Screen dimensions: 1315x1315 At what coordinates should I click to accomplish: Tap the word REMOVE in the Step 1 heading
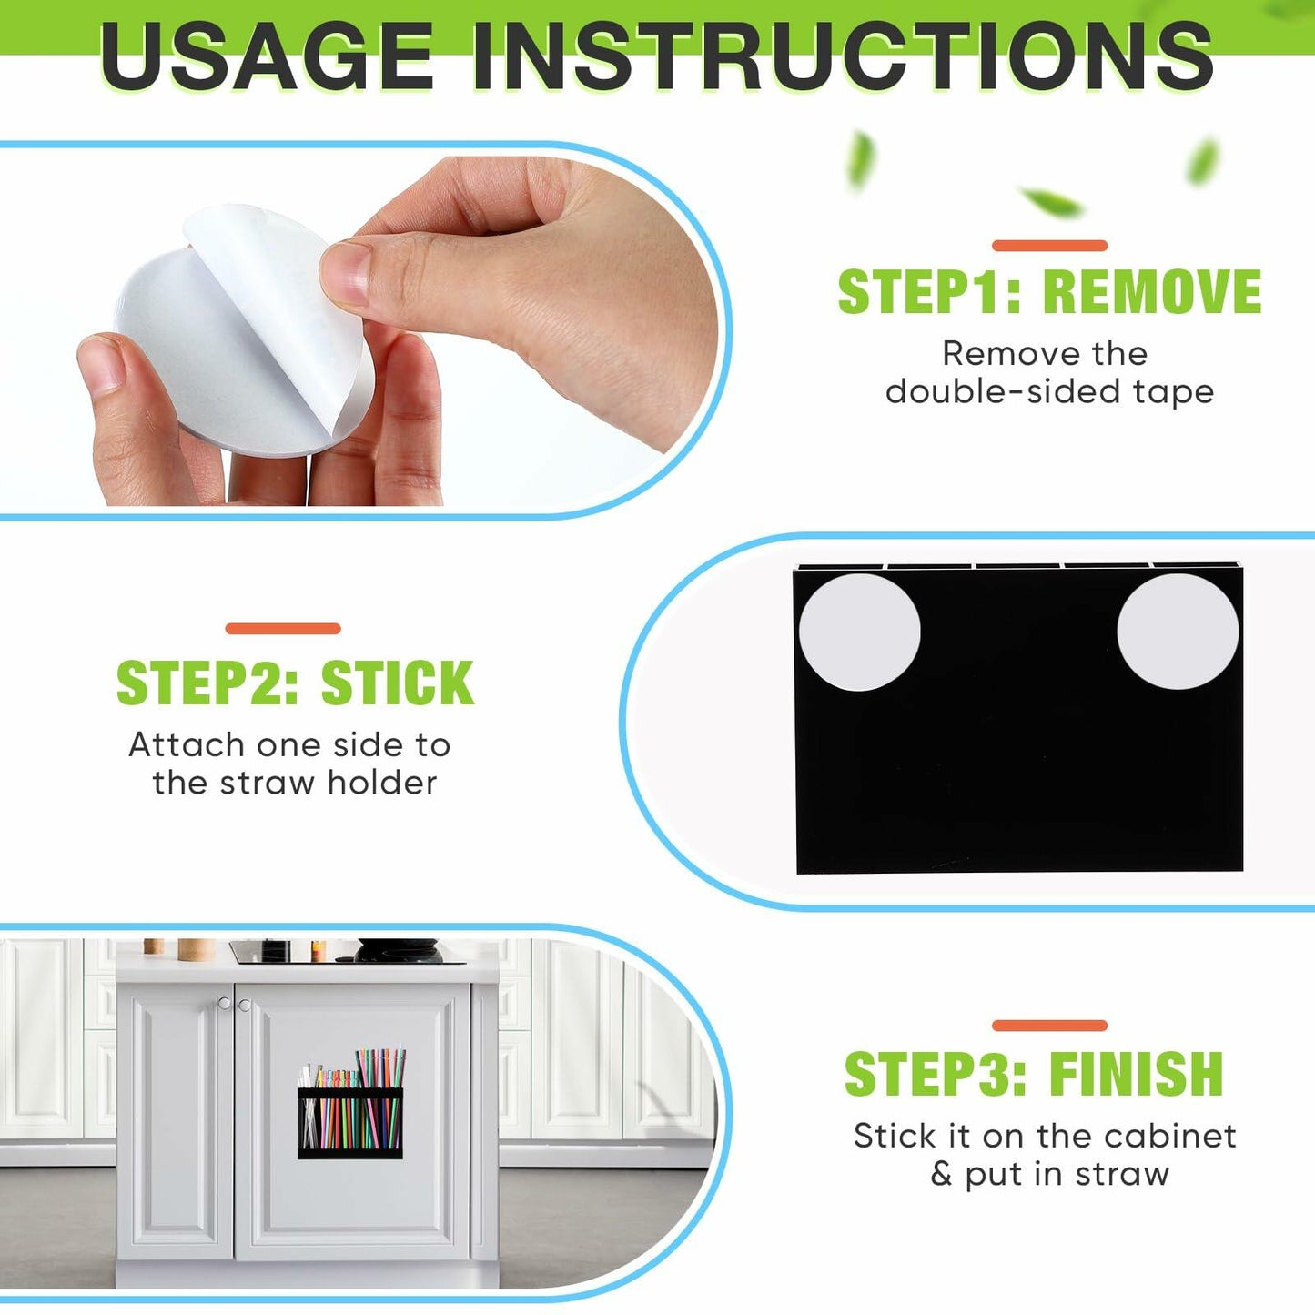1152,291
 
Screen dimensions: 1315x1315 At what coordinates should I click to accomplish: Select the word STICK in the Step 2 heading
397,683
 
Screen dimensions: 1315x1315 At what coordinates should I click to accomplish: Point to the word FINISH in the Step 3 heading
1137,1074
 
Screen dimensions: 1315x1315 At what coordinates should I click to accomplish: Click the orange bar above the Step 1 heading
1049,246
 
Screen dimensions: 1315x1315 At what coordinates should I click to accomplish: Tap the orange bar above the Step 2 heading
282,629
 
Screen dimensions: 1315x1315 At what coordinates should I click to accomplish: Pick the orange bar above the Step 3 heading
1049,1025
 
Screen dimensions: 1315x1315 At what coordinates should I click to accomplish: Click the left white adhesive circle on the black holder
859,632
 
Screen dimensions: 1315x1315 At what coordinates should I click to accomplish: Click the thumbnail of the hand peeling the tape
355,331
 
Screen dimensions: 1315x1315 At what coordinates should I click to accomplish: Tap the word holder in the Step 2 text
382,783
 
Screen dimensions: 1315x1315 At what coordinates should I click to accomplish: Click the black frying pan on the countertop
400,950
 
